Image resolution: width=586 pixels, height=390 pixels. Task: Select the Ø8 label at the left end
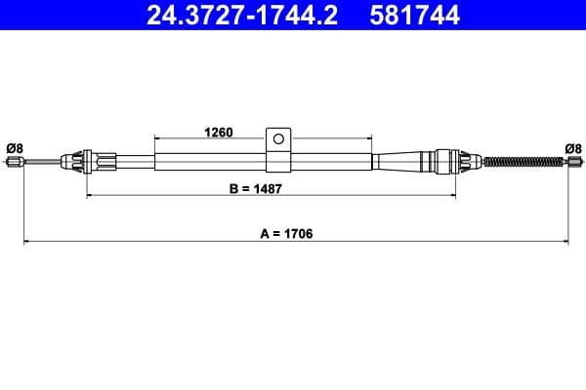(x=15, y=147)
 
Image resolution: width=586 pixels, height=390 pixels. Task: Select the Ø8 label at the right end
(x=573, y=147)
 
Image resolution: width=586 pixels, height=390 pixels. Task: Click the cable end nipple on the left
(x=14, y=163)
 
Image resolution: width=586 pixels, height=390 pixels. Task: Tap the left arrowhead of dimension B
(x=90, y=196)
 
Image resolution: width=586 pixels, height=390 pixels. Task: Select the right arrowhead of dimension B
(x=453, y=196)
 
